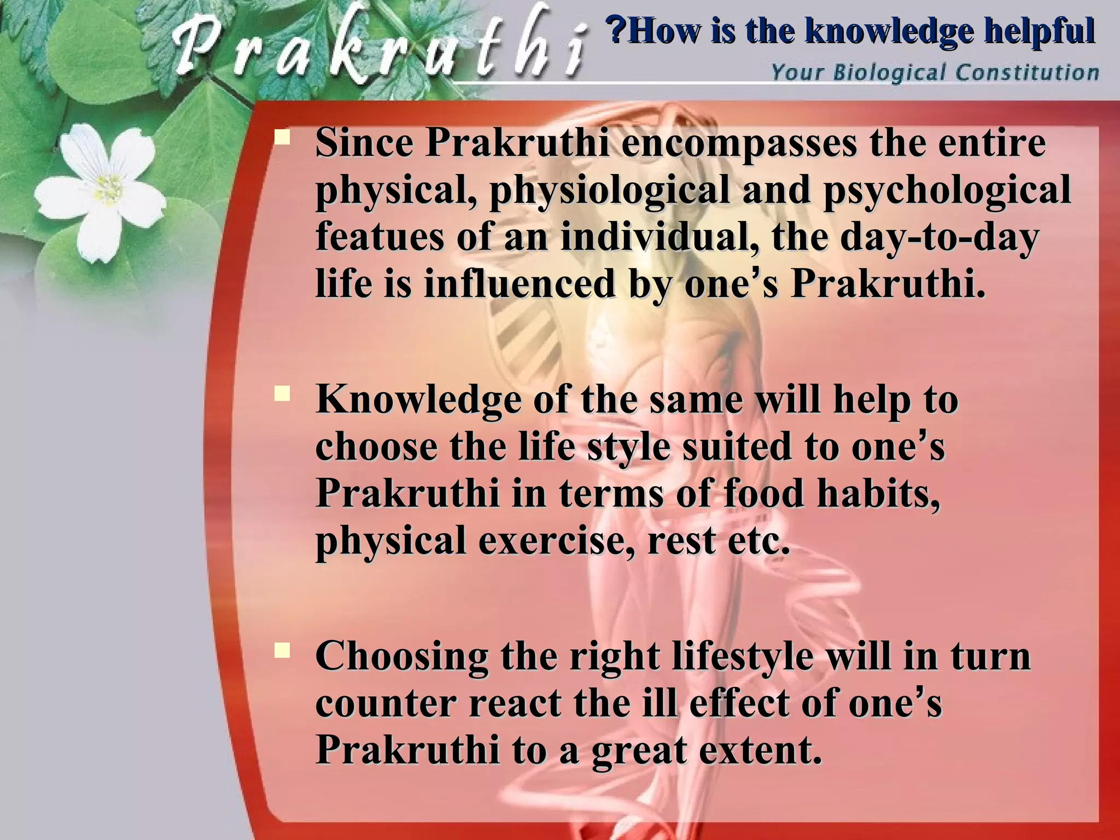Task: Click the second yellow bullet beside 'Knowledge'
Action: [283, 393]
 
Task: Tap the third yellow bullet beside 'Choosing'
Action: [283, 650]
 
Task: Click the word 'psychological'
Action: [947, 190]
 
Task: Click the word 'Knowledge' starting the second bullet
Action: [418, 400]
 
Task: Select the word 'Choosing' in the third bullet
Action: [401, 657]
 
